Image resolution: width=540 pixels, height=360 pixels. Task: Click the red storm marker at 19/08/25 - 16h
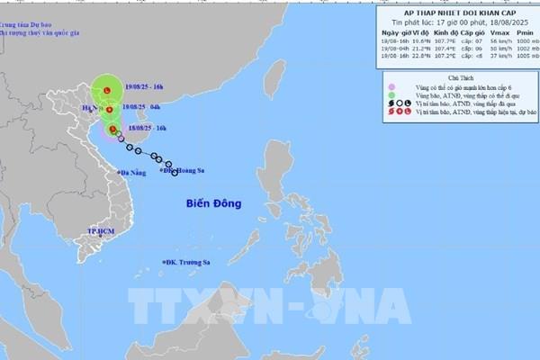coord(106,91)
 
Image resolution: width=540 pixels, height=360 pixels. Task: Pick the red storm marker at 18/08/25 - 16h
coord(112,130)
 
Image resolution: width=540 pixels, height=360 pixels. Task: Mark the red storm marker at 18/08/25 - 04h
coord(108,112)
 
